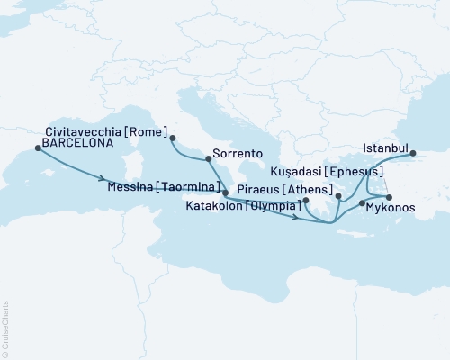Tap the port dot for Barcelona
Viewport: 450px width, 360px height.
37,150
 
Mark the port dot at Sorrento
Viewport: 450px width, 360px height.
209,159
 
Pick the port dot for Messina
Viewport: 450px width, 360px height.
225,193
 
